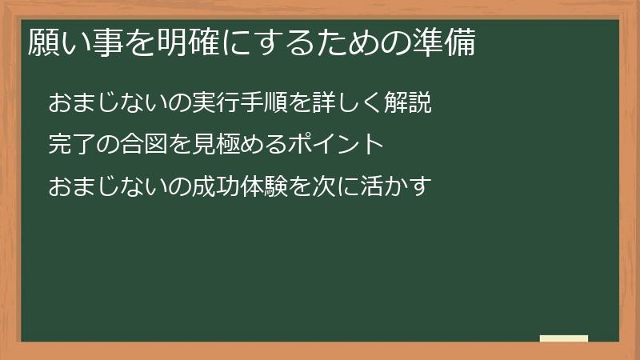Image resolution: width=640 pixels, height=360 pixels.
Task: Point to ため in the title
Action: pos(348,43)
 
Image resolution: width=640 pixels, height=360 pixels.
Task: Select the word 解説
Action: pos(409,103)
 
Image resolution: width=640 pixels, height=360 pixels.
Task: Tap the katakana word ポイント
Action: pos(337,145)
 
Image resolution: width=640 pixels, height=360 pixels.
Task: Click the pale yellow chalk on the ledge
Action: pos(564,338)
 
